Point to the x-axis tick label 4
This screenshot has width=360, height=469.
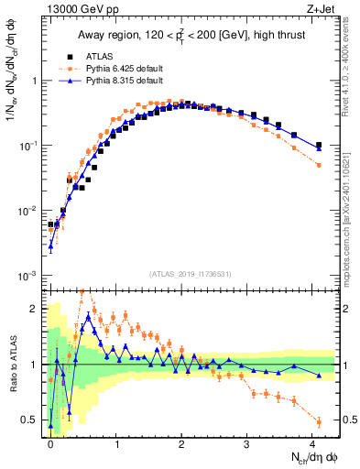(x=312, y=442)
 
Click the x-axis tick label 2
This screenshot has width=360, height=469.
(x=181, y=442)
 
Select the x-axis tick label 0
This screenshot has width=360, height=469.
(x=50, y=442)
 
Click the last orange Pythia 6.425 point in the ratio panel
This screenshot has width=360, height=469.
(x=319, y=421)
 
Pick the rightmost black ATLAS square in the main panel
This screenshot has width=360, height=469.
(x=319, y=145)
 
